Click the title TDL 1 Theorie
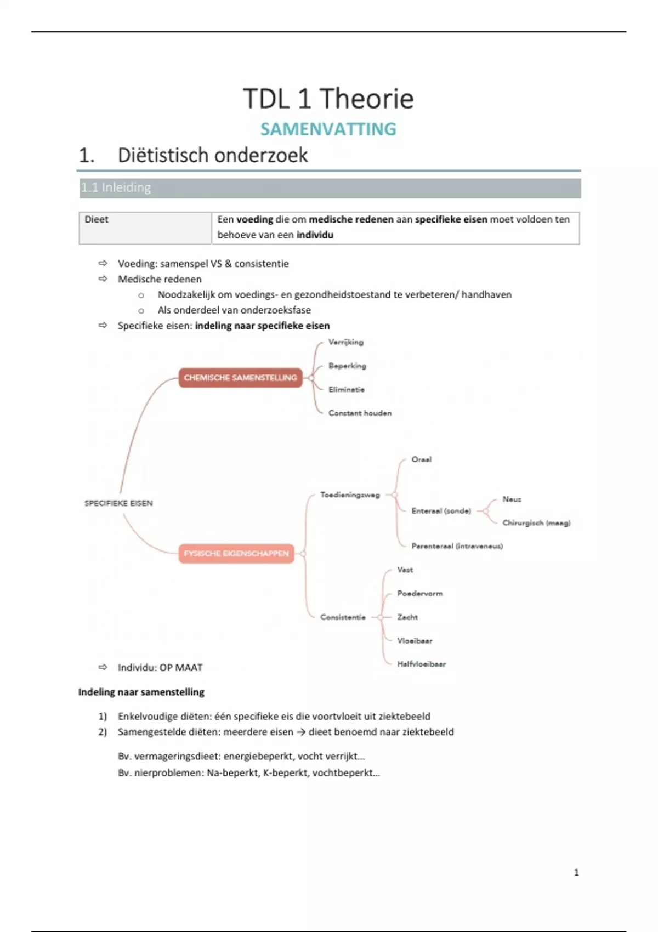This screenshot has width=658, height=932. point(328,99)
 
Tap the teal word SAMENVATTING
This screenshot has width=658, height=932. point(328,129)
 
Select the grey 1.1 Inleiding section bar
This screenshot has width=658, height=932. point(329,188)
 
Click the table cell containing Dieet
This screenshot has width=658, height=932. point(145,228)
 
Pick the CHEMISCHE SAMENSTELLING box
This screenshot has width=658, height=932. point(240,378)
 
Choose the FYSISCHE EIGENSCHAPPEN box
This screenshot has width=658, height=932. point(236,554)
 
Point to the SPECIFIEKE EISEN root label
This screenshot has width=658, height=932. point(118,503)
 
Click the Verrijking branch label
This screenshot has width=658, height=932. point(345,342)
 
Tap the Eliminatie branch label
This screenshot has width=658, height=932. point(346,389)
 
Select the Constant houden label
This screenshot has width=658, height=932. point(360,413)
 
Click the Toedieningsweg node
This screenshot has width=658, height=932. point(350,495)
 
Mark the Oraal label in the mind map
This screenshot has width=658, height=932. point(421,459)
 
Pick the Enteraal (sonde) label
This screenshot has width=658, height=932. point(441,511)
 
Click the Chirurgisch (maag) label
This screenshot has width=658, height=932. point(536,523)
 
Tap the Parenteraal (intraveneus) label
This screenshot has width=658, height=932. point(457,546)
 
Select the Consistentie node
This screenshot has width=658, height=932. point(343,617)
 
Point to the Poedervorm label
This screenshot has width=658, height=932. point(419,594)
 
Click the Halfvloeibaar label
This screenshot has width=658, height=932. point(421,664)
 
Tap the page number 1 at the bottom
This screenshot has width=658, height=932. point(576,872)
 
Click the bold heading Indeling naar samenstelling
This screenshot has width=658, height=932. point(141,692)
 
